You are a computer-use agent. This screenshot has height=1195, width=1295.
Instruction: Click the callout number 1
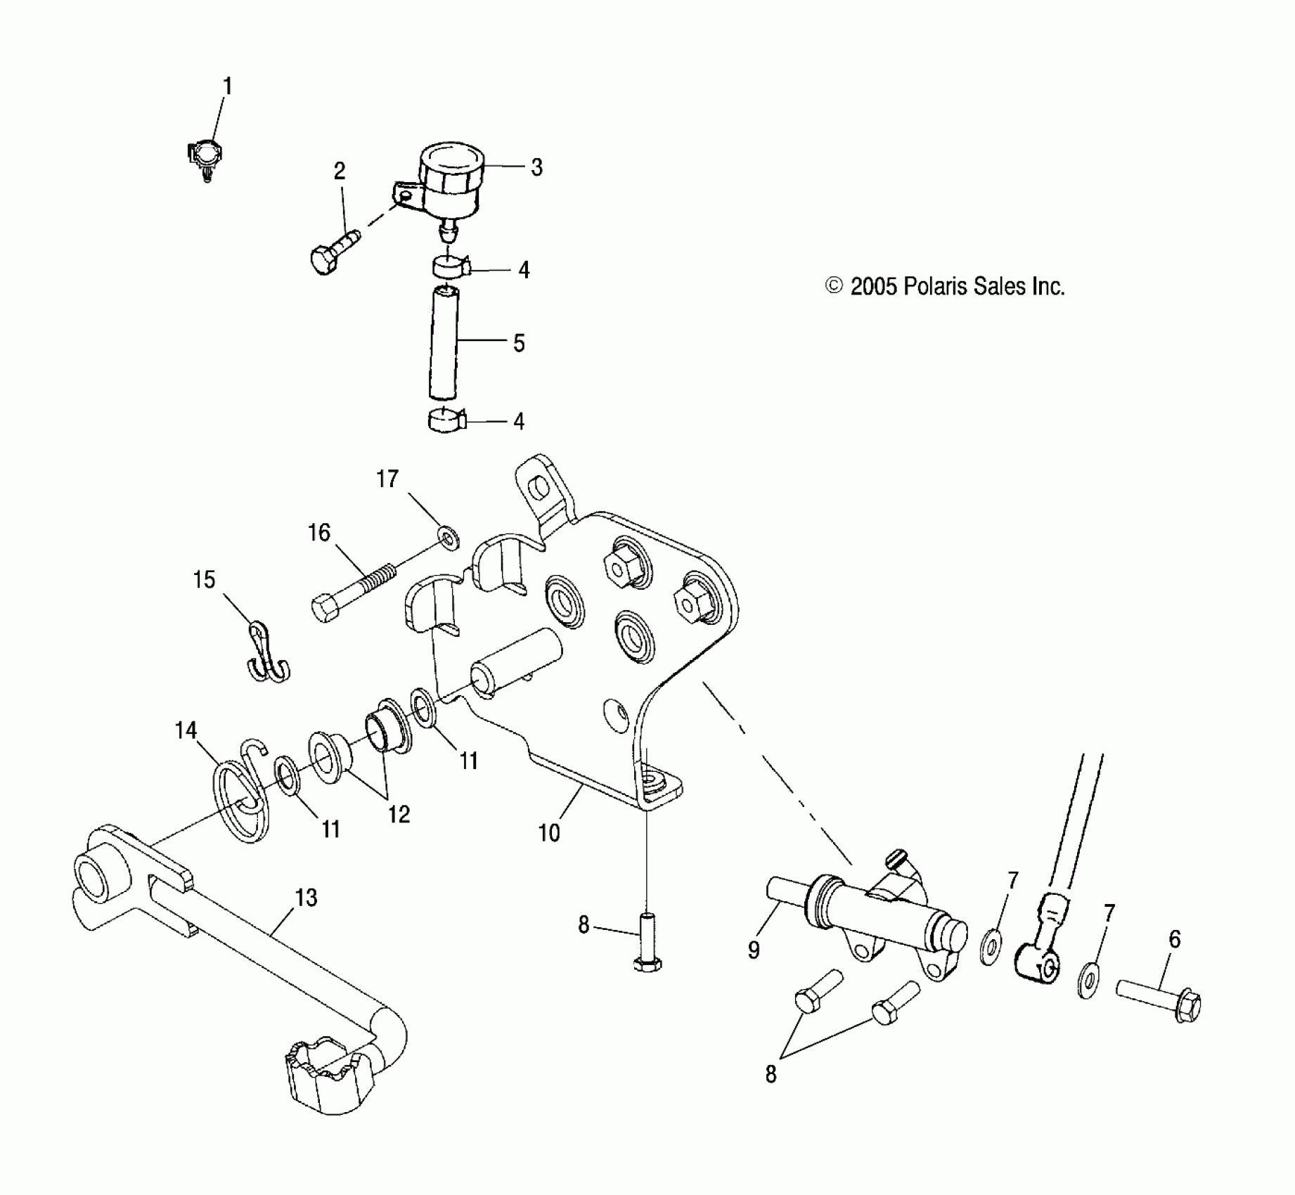227,86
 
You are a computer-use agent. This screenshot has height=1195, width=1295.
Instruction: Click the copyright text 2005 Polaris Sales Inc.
946,287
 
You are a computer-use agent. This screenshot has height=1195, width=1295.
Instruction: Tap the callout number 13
306,898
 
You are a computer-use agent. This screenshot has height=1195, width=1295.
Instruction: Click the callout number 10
548,832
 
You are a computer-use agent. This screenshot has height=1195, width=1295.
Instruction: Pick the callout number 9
754,951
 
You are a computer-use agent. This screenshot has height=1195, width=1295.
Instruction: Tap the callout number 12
399,814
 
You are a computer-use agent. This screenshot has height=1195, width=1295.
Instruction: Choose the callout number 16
319,532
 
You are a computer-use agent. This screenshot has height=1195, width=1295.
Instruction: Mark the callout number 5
519,343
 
